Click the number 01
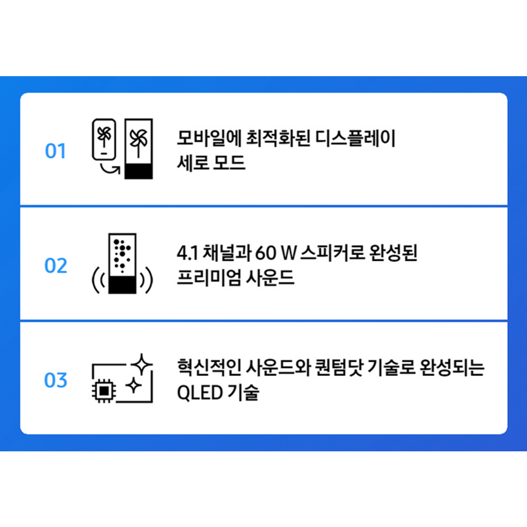56,151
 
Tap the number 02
56,266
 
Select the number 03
56,380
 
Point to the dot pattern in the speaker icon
122,253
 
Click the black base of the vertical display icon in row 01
138,171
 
